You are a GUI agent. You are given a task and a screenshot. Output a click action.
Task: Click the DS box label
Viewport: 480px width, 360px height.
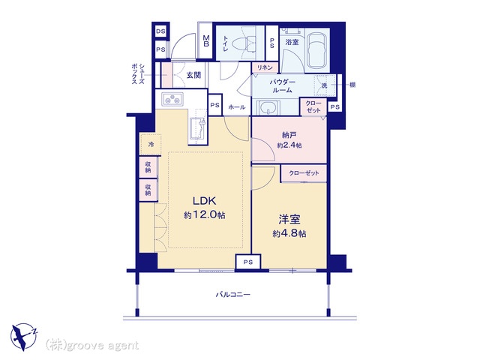pyautogui.click(x=160, y=31)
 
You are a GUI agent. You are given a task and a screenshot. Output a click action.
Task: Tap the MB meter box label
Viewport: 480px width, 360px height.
pyautogui.click(x=206, y=40)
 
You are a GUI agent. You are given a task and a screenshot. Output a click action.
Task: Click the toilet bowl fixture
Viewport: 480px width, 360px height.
pyautogui.click(x=244, y=44)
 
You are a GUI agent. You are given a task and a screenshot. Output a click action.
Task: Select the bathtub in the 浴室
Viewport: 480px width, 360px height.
pyautogui.click(x=318, y=50)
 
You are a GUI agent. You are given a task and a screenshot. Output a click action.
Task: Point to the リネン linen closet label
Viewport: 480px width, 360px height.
pyautogui.click(x=265, y=67)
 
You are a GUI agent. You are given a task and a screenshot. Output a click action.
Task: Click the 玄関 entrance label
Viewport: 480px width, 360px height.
pyautogui.click(x=193, y=75)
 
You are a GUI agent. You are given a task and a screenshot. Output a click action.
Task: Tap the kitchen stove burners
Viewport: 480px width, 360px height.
pyautogui.click(x=172, y=98)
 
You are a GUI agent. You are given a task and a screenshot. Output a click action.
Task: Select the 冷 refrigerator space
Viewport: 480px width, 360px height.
pyautogui.click(x=151, y=144)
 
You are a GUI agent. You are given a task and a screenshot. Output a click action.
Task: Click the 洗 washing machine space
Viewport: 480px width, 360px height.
pyautogui.click(x=324, y=85)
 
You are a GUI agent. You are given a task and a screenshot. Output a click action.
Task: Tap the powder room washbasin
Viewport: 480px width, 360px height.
pyautogui.click(x=269, y=107)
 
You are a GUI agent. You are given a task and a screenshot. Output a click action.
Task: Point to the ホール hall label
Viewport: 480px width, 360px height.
pyautogui.click(x=237, y=107)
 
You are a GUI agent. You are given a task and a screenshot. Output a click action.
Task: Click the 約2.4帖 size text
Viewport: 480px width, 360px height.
pyautogui.click(x=289, y=145)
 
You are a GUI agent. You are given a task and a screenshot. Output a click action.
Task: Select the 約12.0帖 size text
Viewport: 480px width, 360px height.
pyautogui.click(x=205, y=215)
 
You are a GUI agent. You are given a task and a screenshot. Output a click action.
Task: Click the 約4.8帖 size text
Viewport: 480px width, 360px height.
pyautogui.click(x=289, y=234)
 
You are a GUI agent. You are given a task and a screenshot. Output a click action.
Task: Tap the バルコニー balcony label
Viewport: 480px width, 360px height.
pyautogui.click(x=233, y=295)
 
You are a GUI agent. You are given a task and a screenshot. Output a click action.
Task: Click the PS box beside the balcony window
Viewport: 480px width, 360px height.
pyautogui.click(x=248, y=262)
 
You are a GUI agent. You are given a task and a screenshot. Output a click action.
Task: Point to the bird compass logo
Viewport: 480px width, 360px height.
pyautogui.click(x=24, y=337)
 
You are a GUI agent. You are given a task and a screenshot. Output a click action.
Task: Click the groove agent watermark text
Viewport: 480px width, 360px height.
pyautogui.click(x=91, y=346)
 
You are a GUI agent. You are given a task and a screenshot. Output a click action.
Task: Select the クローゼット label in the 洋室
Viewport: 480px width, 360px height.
pyautogui.click(x=304, y=173)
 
